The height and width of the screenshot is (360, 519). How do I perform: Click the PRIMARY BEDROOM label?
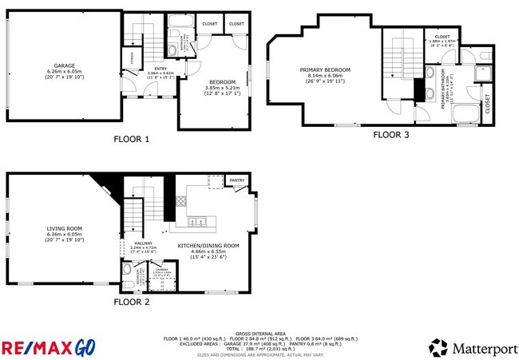point(325,69)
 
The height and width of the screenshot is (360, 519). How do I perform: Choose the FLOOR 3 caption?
point(391,135)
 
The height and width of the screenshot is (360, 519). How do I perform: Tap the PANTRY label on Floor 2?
point(236,181)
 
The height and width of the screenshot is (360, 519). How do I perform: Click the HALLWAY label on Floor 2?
point(144,243)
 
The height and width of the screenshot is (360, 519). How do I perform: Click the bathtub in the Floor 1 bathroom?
point(178,33)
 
